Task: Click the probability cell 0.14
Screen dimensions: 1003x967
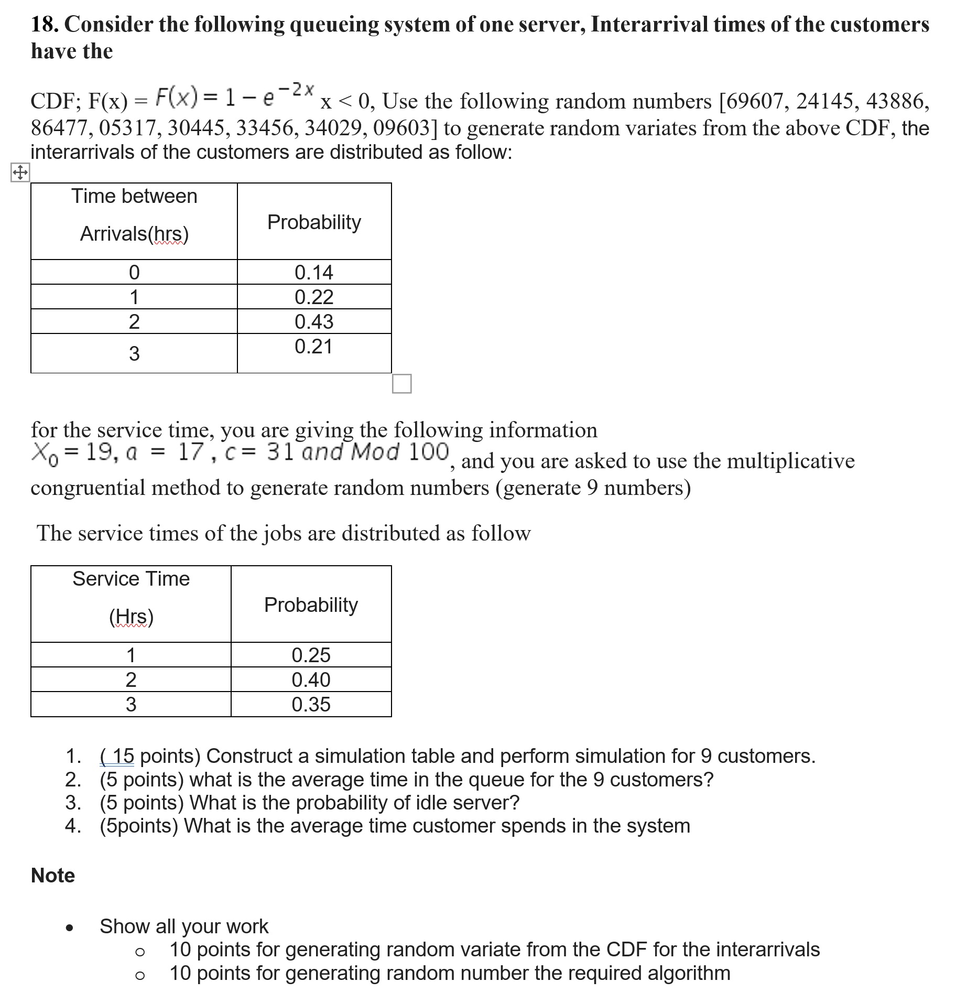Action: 313,273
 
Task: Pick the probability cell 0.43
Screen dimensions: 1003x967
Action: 313,321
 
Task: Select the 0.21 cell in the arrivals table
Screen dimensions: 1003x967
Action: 313,347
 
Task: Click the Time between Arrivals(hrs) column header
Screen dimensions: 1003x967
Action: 134,215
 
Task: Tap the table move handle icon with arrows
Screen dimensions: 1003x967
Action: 20,172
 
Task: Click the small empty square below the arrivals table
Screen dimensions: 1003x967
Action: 401,384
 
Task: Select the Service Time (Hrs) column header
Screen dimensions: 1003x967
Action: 131,598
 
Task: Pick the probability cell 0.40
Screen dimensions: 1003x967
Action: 311,680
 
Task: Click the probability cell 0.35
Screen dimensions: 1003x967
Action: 311,704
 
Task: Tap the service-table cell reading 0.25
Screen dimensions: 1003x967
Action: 311,655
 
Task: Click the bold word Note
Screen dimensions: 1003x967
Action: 53,875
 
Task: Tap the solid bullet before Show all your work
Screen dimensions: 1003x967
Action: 69,927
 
